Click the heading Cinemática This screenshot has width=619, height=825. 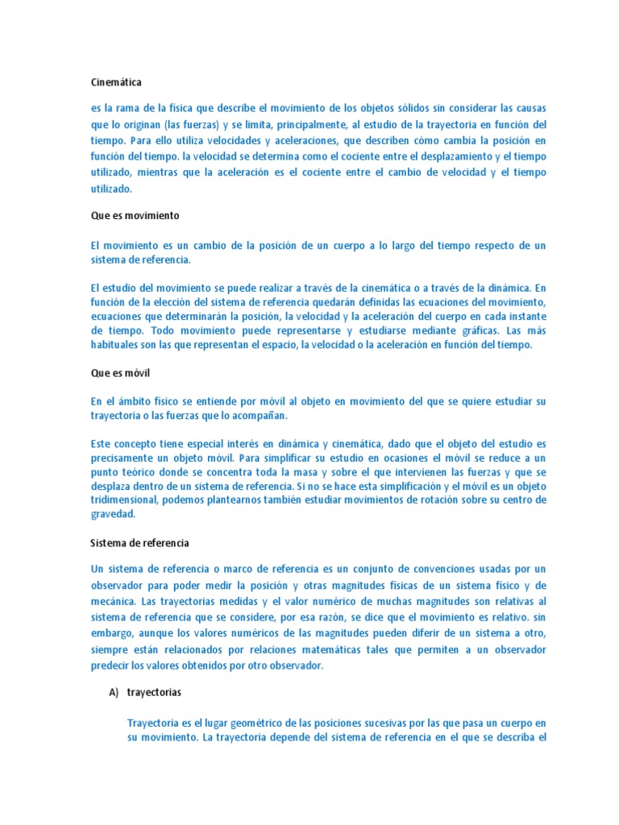(115, 81)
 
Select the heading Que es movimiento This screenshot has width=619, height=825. (135, 216)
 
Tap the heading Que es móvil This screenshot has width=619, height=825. (120, 373)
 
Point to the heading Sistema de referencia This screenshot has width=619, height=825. (139, 543)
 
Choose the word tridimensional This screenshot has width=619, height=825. (126, 500)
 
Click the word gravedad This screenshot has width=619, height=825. (113, 514)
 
